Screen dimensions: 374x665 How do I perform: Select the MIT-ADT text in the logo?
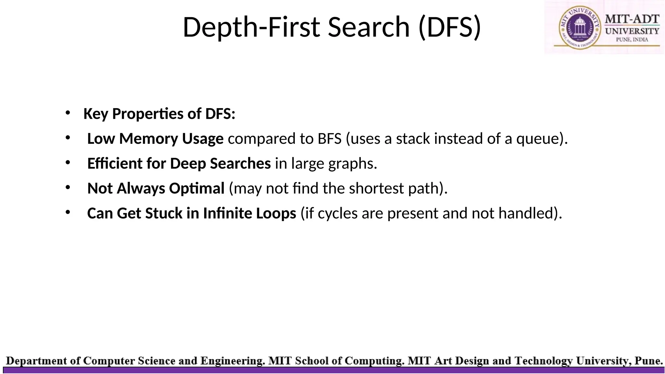click(x=632, y=19)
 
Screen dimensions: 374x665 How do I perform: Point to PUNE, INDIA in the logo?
click(x=632, y=40)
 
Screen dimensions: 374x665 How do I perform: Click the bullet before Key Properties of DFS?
click(x=68, y=113)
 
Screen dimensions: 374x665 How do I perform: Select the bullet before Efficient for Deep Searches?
click(x=68, y=163)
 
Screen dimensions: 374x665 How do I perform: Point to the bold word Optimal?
click(x=197, y=189)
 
